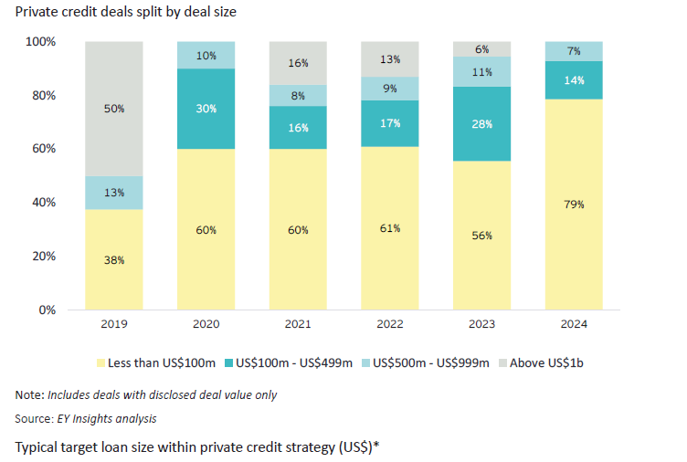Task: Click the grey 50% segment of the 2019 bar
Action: point(114,109)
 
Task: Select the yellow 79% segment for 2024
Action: point(573,204)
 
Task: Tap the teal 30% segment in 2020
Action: point(206,109)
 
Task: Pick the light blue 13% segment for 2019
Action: point(114,193)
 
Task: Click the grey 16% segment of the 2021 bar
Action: point(298,63)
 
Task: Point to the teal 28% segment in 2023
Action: point(481,123)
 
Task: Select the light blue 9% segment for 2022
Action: point(390,89)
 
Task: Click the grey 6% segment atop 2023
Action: point(481,49)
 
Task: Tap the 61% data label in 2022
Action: point(390,228)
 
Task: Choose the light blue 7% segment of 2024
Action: point(573,51)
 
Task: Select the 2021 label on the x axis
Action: point(298,325)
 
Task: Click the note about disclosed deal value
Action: point(146,394)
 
